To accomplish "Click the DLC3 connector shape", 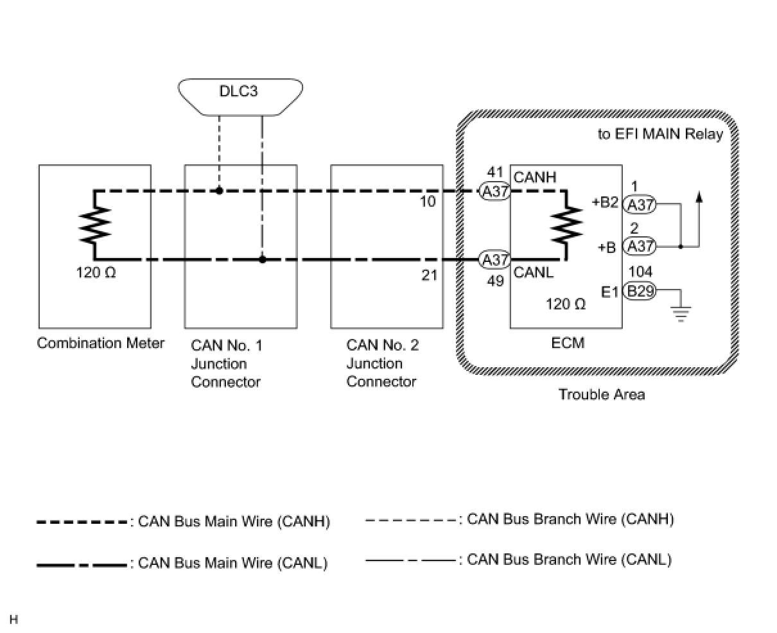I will [240, 97].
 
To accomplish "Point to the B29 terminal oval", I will [640, 292].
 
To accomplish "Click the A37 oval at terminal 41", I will [494, 191].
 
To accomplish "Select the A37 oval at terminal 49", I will [494, 260].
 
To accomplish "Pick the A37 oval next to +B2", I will [640, 204].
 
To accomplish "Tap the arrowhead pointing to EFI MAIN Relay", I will [699, 197].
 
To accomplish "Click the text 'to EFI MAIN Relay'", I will [660, 135].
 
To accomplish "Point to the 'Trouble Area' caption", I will [601, 394].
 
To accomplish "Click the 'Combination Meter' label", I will [101, 343].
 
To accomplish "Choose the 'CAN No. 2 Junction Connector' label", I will [382, 363].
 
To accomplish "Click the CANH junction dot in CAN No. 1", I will [219, 191].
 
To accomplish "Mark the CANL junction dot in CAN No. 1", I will [262, 259].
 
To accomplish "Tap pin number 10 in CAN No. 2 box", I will [428, 202].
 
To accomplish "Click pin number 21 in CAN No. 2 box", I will [429, 275].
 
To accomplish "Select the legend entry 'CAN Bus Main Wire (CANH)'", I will [184, 521].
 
